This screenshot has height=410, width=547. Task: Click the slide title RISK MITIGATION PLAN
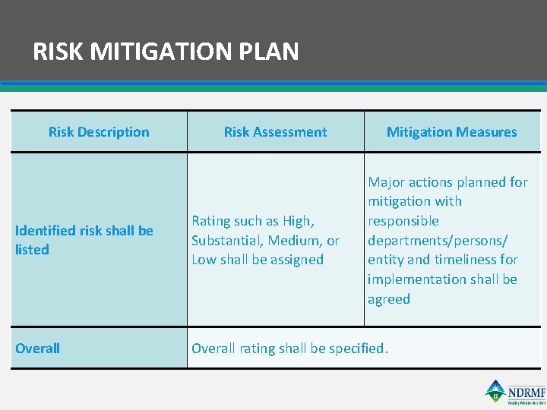pyautogui.click(x=166, y=52)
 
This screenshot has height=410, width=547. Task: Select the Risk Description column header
pyautogui.click(x=99, y=132)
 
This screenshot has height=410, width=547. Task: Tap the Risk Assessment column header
pyautogui.click(x=275, y=132)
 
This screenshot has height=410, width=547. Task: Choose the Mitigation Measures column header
pyautogui.click(x=451, y=132)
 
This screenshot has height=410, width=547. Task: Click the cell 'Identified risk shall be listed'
pyautogui.click(x=84, y=240)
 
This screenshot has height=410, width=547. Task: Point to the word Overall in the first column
pyautogui.click(x=38, y=348)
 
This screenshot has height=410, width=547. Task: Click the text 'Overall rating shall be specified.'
pyautogui.click(x=289, y=348)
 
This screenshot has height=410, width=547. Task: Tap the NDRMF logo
pyautogui.click(x=514, y=392)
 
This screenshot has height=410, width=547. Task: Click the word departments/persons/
pyautogui.click(x=438, y=241)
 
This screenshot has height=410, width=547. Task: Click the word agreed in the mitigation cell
pyautogui.click(x=389, y=299)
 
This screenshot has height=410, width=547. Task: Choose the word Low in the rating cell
pyautogui.click(x=204, y=260)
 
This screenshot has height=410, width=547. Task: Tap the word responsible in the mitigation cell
pyautogui.click(x=403, y=221)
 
